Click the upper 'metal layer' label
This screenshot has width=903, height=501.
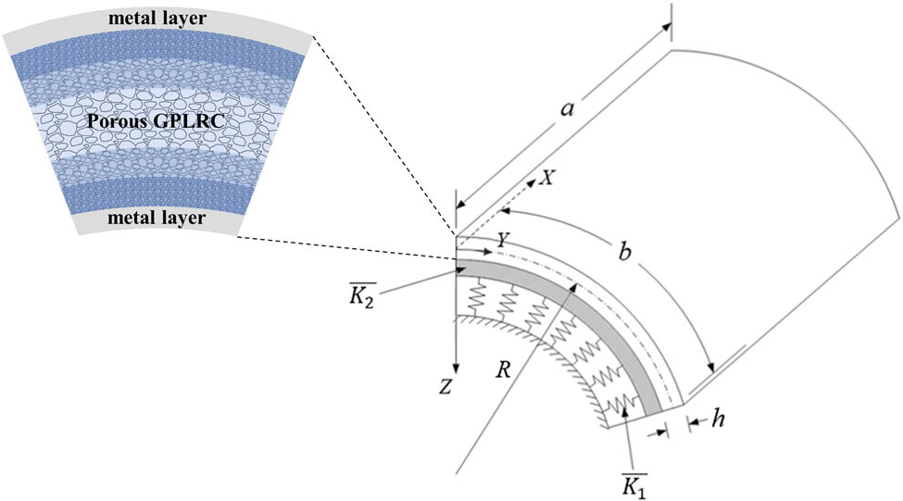point(157,19)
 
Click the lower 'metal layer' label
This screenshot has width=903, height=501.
point(157,219)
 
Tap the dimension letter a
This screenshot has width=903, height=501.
point(568,108)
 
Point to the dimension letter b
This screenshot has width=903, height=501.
point(624,252)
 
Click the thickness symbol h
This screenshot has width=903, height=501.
point(718,419)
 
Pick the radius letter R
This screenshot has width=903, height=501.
point(503,369)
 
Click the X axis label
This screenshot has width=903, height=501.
point(546,178)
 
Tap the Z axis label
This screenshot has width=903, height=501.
point(445,387)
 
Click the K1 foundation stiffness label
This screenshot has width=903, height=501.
point(634,486)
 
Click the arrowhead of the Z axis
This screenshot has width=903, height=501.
point(456,368)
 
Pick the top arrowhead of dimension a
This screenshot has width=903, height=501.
point(666,27)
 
